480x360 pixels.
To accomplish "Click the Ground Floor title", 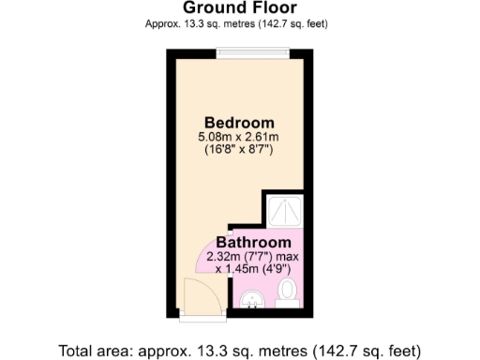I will click(x=239, y=8).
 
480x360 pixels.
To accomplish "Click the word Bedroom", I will click(x=239, y=123).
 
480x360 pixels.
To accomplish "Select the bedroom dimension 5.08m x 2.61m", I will click(x=239, y=138).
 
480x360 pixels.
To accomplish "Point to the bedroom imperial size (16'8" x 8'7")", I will click(x=239, y=151).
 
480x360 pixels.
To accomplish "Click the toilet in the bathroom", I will click(x=289, y=292).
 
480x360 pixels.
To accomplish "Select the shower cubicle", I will click(x=281, y=210).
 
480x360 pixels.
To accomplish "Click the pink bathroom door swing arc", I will click(x=209, y=258).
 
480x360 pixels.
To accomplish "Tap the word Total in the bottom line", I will click(x=76, y=352).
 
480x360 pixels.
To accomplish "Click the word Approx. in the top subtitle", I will click(x=162, y=23).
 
